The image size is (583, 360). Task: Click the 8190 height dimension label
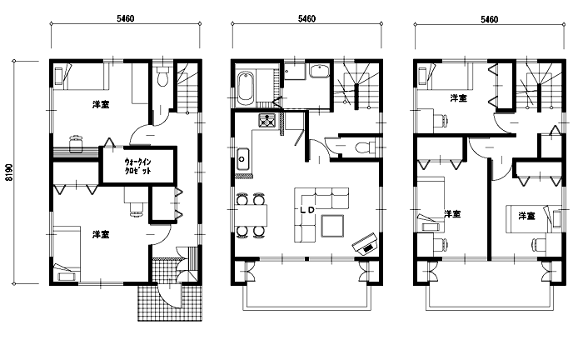click(9, 172)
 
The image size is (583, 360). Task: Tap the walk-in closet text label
click(138, 166)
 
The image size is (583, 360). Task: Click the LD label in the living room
click(307, 210)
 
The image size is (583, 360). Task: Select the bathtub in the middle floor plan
click(246, 88)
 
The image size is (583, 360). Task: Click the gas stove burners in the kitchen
click(267, 120)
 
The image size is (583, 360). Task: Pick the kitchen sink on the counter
click(243, 159)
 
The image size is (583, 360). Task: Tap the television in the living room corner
click(365, 244)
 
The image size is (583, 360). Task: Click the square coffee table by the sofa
click(333, 226)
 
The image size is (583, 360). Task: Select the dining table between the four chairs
click(252, 215)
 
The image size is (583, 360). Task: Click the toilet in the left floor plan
click(162, 77)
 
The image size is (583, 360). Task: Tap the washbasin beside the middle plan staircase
click(319, 72)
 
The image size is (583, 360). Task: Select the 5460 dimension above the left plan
click(125, 18)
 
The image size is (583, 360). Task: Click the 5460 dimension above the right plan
click(490, 19)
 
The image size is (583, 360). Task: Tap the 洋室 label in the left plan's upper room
click(101, 104)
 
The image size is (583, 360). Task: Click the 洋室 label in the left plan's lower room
click(101, 234)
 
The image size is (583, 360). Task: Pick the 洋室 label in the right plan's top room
click(458, 98)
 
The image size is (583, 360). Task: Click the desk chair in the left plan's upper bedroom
click(76, 143)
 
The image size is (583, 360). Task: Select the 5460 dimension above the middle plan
click(306, 18)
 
